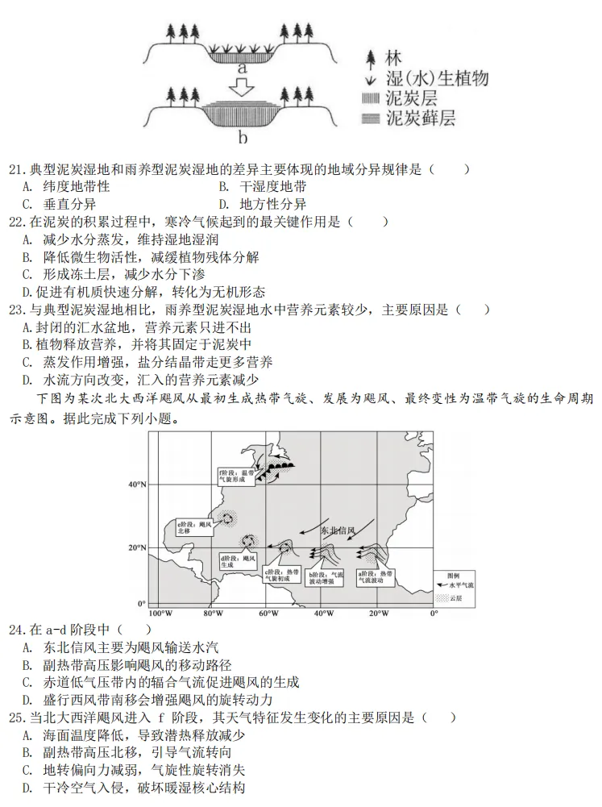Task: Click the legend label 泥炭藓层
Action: click(421, 118)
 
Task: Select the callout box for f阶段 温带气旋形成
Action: click(237, 476)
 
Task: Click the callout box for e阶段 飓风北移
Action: click(193, 529)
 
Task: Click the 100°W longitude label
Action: click(156, 614)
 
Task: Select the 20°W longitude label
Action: click(377, 614)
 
